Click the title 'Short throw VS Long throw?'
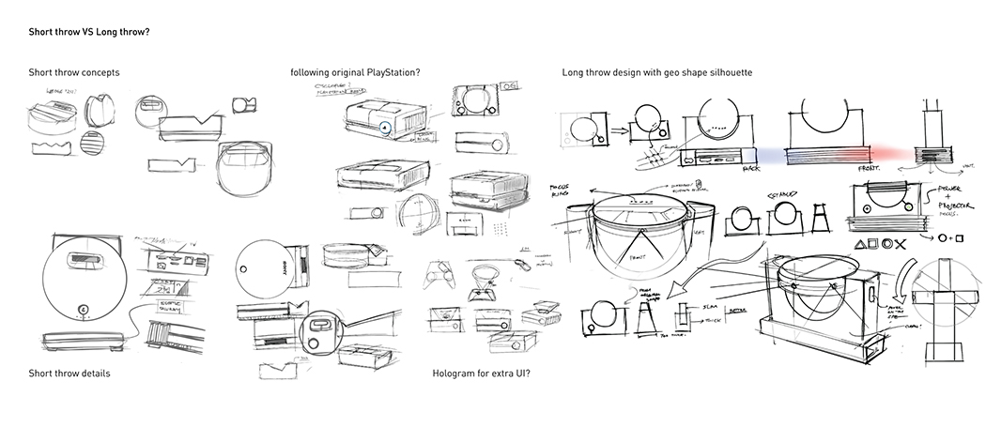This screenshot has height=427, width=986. click(89, 31)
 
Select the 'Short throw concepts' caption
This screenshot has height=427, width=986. click(73, 72)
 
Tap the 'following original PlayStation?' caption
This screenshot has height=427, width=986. click(355, 72)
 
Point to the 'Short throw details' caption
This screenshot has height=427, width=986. click(69, 374)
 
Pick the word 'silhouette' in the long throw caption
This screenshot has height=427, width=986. click(726, 72)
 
